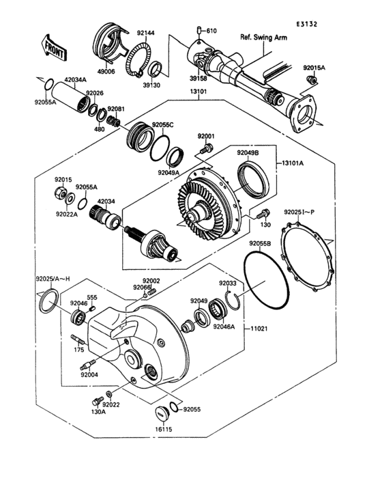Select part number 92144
(x=145, y=33)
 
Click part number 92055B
(x=260, y=243)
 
